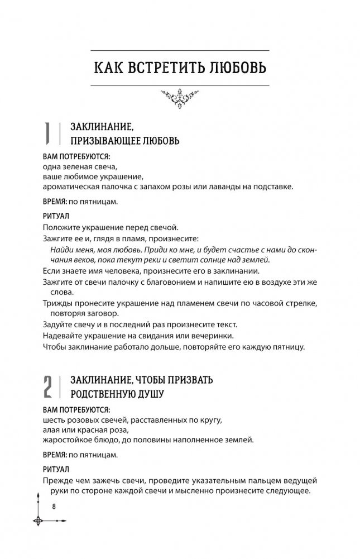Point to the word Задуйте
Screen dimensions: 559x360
click(57, 324)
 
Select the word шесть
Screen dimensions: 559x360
click(54, 419)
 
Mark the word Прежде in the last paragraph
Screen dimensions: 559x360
click(57, 482)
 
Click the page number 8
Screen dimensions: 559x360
click(54, 506)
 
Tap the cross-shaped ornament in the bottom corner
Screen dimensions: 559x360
click(38, 521)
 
